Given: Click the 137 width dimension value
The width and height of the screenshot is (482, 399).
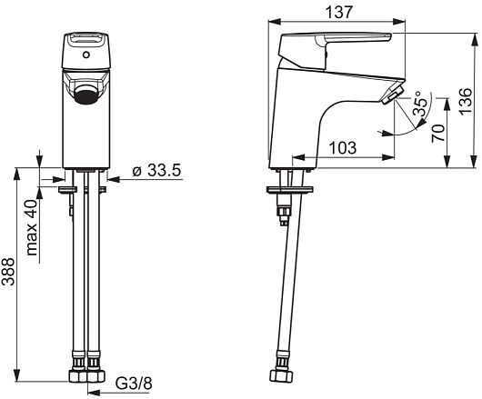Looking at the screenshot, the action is click(x=338, y=13).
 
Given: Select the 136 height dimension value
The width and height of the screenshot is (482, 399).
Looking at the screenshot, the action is click(x=466, y=101).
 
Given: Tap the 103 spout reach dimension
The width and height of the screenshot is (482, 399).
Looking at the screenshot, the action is click(x=343, y=148).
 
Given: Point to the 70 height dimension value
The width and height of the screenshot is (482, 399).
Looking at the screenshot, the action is click(x=438, y=133).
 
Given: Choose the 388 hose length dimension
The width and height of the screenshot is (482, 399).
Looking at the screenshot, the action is click(x=8, y=272).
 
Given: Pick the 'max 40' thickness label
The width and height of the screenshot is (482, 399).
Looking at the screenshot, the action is click(x=31, y=227).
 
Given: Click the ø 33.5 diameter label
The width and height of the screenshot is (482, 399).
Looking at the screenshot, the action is click(x=156, y=170).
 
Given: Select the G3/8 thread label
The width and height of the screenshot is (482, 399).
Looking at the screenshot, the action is click(x=134, y=383).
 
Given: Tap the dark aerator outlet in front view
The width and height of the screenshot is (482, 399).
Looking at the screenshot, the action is click(x=86, y=95).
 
